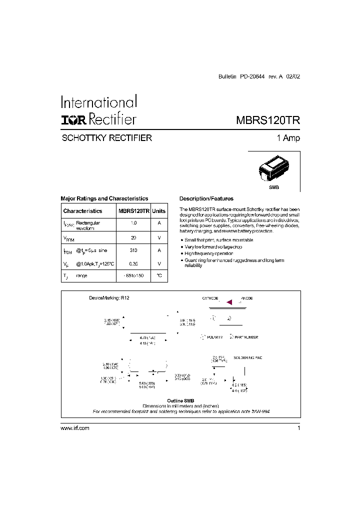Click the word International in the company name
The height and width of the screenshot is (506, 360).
tap(98, 102)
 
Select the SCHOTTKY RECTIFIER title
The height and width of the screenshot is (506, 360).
tap(106, 138)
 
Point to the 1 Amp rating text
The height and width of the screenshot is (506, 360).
tap(288, 138)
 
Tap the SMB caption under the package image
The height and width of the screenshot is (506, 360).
tap(274, 186)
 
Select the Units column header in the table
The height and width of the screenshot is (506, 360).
tap(159, 211)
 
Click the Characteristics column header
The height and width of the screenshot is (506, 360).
tap(82, 211)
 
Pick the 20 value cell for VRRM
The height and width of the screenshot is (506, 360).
tap(133, 238)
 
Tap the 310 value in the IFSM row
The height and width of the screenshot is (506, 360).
tap(133, 250)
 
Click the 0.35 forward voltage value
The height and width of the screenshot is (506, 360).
tap(133, 263)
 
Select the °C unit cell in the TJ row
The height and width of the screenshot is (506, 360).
tap(159, 276)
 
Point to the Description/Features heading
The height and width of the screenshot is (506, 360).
tap(206, 198)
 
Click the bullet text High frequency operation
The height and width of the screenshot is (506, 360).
tap(209, 253)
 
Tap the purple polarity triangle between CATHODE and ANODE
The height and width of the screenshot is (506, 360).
tap(229, 302)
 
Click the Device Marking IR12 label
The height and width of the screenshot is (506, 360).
tap(109, 298)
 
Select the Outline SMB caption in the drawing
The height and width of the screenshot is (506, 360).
tap(180, 400)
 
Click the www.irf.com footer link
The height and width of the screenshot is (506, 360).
tap(74, 428)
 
